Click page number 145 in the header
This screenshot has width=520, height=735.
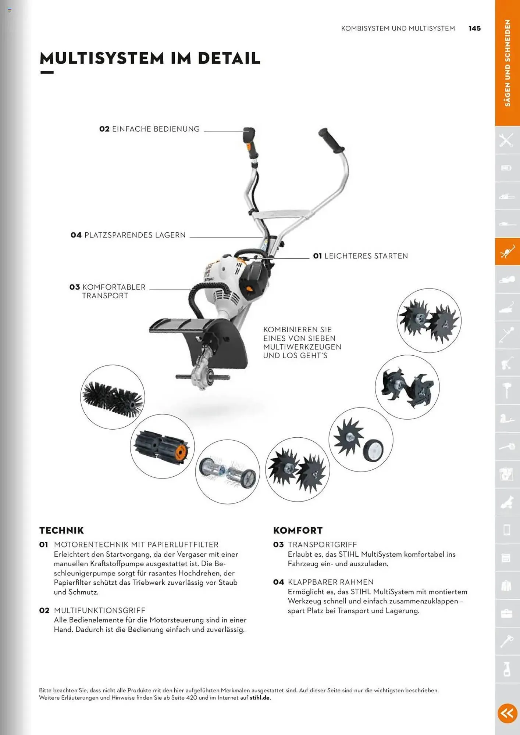(x=474, y=28)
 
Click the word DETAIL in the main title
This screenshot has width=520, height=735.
(x=229, y=58)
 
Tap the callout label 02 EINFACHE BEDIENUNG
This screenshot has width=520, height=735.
(x=149, y=129)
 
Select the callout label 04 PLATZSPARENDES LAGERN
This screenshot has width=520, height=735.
(x=128, y=235)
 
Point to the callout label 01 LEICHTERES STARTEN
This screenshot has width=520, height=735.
(x=360, y=256)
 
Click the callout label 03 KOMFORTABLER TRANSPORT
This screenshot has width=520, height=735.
(x=107, y=291)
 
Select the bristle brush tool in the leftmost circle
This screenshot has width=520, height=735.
(x=113, y=397)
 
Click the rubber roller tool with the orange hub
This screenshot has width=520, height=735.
(x=162, y=446)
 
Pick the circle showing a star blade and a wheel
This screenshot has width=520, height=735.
(x=361, y=440)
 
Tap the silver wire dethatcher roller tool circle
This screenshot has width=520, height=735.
(x=227, y=472)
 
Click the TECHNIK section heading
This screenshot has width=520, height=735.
(x=61, y=530)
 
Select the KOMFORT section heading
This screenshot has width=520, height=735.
(x=298, y=530)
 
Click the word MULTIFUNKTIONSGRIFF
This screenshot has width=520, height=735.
(x=99, y=610)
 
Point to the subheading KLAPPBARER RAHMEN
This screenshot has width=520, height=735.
(x=330, y=582)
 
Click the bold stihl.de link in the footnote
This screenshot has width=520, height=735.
(x=260, y=698)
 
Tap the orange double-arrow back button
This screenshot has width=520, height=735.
(x=507, y=713)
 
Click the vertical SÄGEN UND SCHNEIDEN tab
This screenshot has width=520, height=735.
(x=507, y=63)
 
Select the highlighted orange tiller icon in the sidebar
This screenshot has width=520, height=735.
(x=507, y=252)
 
